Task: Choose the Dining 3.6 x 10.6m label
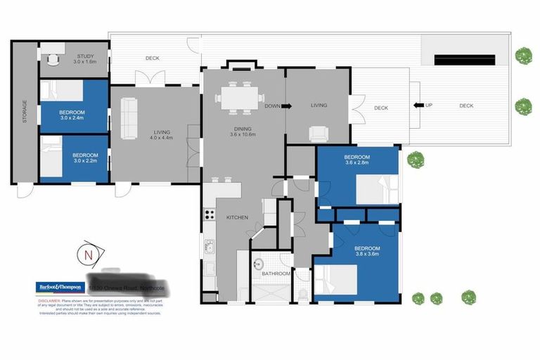(x=244, y=132)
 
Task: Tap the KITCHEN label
(x=237, y=218)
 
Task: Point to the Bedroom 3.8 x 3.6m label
(x=367, y=252)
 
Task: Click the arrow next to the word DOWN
(x=287, y=106)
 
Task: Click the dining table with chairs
(x=240, y=97)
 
